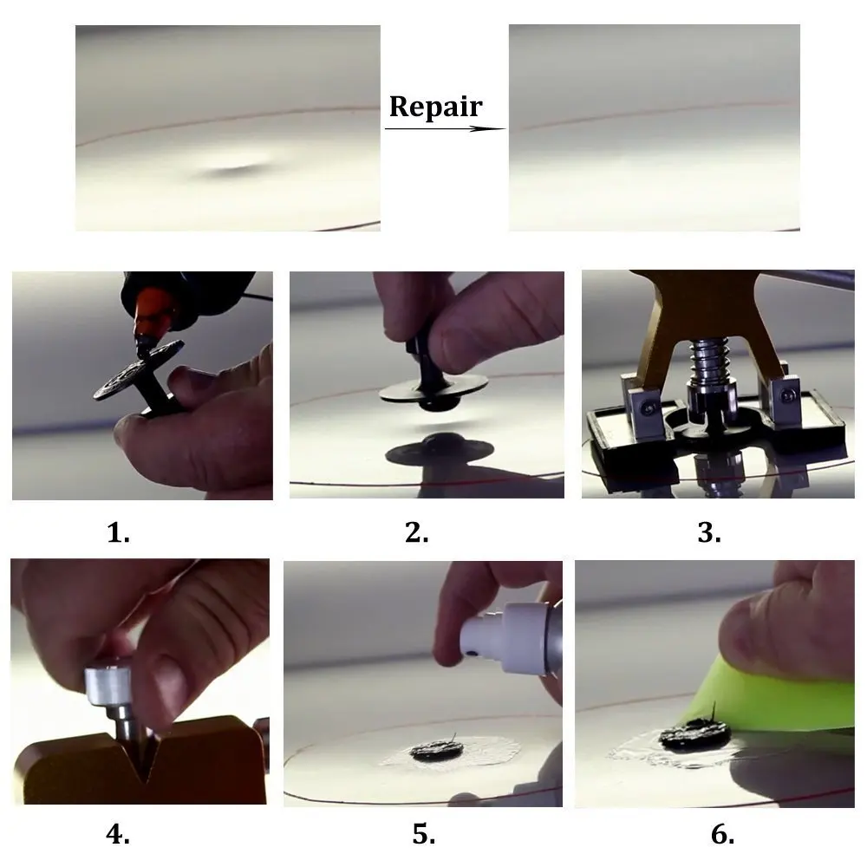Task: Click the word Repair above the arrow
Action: tap(434, 107)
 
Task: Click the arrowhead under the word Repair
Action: tap(496, 128)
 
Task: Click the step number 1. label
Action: tap(119, 532)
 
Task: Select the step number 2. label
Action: tap(417, 532)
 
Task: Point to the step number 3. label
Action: tap(709, 532)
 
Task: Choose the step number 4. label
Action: tap(118, 834)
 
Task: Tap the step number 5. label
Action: tap(423, 834)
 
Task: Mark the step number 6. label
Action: tap(722, 834)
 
